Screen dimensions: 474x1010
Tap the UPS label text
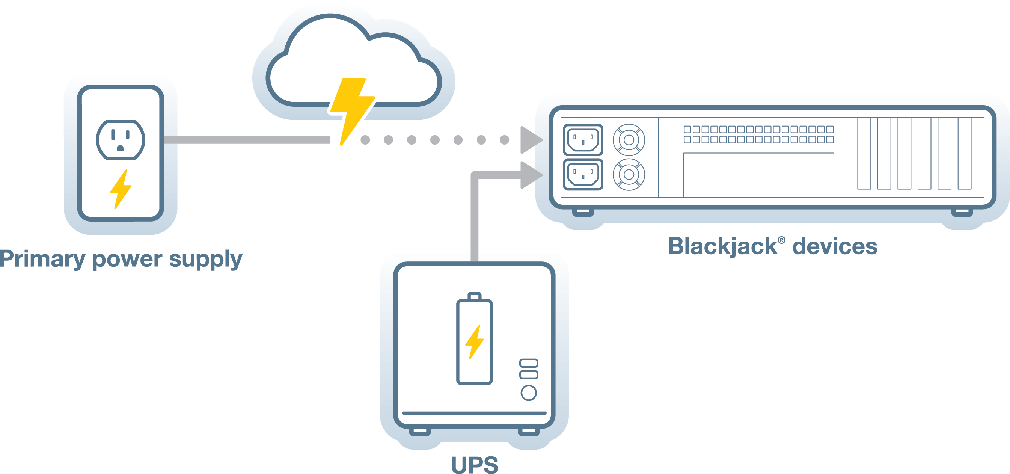475,465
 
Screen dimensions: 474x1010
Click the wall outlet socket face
121,140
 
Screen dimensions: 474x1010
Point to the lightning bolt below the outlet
121,189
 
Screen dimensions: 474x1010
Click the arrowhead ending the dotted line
530,140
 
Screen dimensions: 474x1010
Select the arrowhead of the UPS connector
530,175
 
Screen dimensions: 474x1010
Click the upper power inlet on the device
583,140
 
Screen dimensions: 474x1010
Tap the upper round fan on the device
629,140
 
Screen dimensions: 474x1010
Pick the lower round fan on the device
629,175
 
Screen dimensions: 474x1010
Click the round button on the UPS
529,393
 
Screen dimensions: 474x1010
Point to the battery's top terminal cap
475,296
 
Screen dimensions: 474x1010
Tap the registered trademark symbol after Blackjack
781,240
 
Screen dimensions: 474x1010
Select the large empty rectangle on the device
758,175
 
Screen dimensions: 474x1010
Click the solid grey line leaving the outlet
247,140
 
